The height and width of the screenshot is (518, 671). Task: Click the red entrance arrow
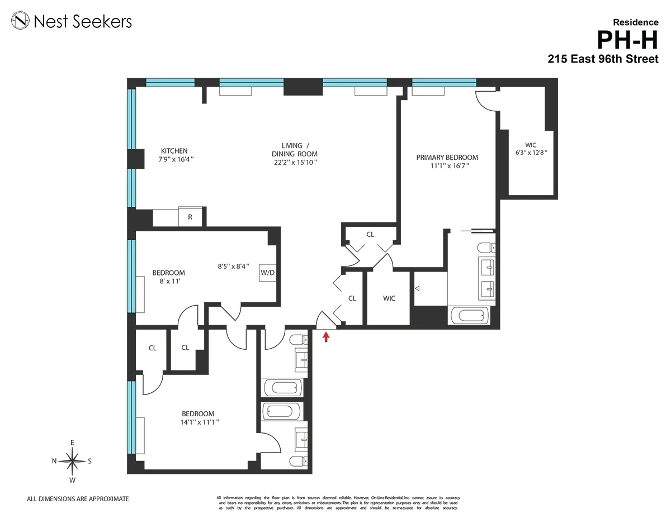click(x=326, y=336)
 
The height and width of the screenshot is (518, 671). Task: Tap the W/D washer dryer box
click(x=268, y=273)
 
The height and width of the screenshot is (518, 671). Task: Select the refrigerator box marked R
click(x=190, y=217)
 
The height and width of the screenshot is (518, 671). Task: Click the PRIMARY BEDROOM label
click(x=447, y=158)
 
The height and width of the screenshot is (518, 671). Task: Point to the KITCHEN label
click(x=174, y=151)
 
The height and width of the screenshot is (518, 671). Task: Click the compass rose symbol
click(x=72, y=461)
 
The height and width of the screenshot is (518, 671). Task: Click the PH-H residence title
click(x=627, y=40)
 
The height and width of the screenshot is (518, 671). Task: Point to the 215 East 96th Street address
click(x=603, y=59)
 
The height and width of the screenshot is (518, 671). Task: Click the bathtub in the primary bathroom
click(x=470, y=316)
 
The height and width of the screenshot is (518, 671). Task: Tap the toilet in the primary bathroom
click(x=484, y=247)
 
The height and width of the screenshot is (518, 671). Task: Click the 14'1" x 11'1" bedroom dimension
click(x=196, y=422)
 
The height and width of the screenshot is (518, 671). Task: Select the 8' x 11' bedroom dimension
click(x=168, y=282)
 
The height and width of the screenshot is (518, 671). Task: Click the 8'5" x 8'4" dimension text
click(x=233, y=267)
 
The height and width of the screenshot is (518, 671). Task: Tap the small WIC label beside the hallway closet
click(x=389, y=298)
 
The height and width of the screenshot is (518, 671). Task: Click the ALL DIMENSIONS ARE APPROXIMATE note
click(x=78, y=498)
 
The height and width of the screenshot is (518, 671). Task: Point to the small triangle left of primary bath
click(x=417, y=289)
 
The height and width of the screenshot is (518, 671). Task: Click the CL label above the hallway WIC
click(x=370, y=234)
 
